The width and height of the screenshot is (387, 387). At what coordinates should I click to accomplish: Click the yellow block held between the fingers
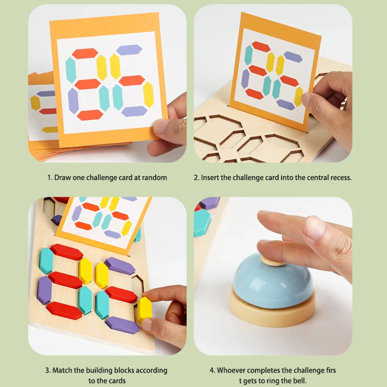pos(145,310)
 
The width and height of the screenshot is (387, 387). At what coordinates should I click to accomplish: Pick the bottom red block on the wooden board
pos(64,310)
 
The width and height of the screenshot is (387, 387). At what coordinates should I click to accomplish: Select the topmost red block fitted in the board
pos(67,252)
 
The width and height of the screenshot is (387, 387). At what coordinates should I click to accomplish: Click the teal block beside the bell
pos(202,223)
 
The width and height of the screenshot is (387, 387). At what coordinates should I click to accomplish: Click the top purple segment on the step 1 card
pos(129,49)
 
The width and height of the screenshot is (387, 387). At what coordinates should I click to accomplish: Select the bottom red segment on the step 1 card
pos(90,115)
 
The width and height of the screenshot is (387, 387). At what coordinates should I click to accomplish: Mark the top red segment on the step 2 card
pos(261,47)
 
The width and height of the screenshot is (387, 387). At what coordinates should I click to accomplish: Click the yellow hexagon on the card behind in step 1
pos(35,102)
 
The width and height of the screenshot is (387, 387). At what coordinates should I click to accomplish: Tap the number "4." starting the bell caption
pos(212,370)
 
